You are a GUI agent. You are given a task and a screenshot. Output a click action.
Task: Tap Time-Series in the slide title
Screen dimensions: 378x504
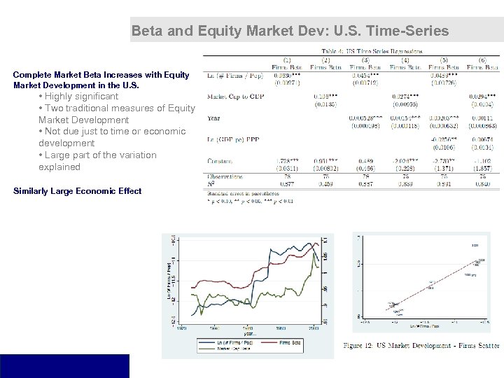tap(412, 31)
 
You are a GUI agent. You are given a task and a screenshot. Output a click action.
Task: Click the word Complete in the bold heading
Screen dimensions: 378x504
tap(34, 74)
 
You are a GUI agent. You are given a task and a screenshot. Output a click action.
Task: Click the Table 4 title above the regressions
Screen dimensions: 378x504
tap(372, 51)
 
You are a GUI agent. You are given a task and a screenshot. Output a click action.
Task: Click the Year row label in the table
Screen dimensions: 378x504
tap(214, 118)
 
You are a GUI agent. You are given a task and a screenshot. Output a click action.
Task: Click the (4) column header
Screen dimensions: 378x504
tap(405, 59)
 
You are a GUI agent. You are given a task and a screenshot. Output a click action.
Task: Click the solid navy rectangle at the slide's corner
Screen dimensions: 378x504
tap(64, 365)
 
